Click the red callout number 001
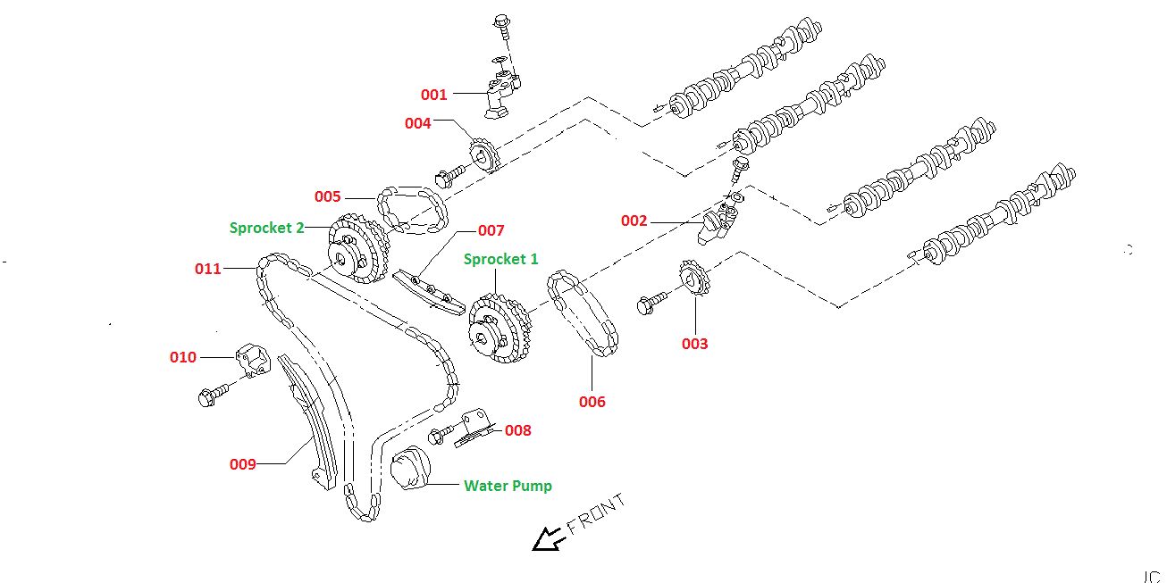tap(433, 94)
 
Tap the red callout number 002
tap(634, 221)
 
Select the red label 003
tap(694, 344)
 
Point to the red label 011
tap(207, 268)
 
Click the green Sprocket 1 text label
tap(500, 259)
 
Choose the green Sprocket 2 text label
tap(265, 228)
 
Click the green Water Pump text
tap(508, 486)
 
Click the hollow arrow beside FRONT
tap(547, 538)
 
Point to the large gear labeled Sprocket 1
tap(497, 329)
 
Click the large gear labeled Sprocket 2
tap(357, 250)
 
